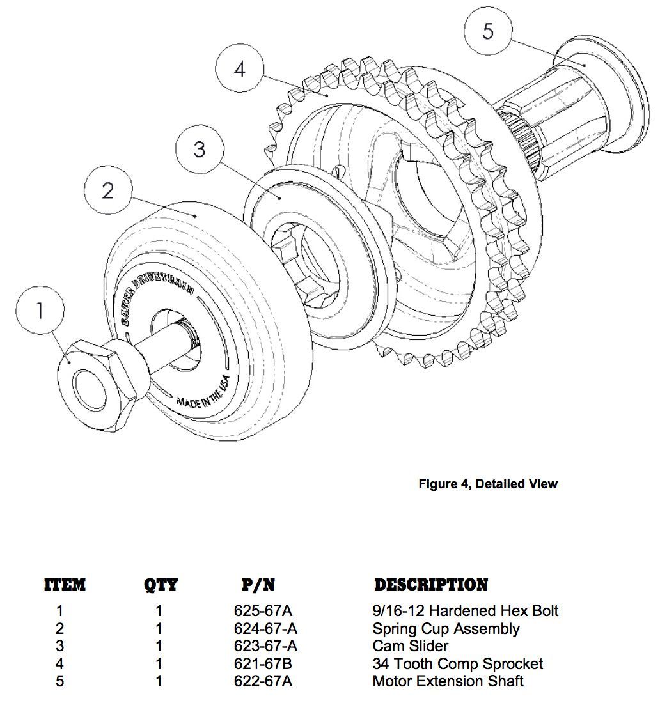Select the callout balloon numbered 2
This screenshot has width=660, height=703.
pyautogui.click(x=108, y=190)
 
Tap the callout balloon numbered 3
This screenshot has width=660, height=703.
pyautogui.click(x=200, y=150)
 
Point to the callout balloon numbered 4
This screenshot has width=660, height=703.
pyautogui.click(x=240, y=69)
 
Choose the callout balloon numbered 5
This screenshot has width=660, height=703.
pyautogui.click(x=488, y=31)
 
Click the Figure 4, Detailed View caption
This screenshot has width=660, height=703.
pyautogui.click(x=488, y=484)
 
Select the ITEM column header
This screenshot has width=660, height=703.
pyautogui.click(x=65, y=585)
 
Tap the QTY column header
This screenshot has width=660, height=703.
pyautogui.click(x=161, y=585)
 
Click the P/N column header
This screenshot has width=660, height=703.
pyautogui.click(x=258, y=585)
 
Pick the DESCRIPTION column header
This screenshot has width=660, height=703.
pyautogui.click(x=430, y=585)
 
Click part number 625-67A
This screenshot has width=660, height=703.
pyautogui.click(x=263, y=611)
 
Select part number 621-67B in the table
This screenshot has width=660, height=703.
pyautogui.click(x=263, y=664)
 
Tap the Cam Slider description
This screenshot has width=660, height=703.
pyautogui.click(x=410, y=646)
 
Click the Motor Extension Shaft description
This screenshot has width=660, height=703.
pyautogui.click(x=448, y=681)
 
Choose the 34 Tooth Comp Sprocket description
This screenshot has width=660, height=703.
pyautogui.click(x=457, y=664)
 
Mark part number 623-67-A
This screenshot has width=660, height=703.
pyautogui.click(x=265, y=646)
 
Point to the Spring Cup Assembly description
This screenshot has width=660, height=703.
pyautogui.click(x=446, y=629)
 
